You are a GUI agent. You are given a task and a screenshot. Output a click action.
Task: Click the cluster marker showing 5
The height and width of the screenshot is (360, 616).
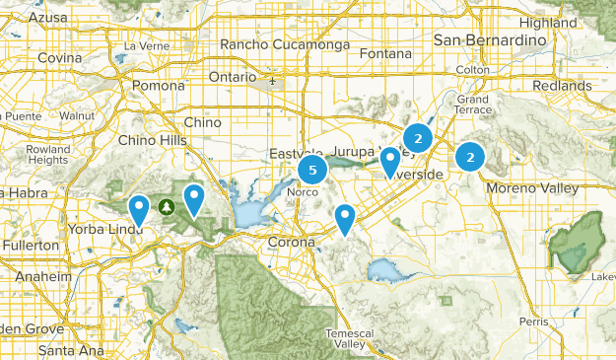pos(312,171)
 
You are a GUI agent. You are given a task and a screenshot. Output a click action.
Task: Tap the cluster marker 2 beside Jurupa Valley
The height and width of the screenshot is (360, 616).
pos(418,139)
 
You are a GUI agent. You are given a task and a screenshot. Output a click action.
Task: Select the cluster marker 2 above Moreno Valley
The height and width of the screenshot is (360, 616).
pos(471,156)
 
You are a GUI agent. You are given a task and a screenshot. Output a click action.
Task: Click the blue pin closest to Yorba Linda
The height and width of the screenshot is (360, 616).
pos(140,208)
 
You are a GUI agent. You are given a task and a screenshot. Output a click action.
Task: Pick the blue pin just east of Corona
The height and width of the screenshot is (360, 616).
pos(344,217)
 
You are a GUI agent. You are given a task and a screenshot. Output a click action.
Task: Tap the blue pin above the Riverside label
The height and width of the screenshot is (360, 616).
pos(390,160)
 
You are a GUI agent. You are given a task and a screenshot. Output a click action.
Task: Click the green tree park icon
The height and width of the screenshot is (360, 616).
pos(167,206)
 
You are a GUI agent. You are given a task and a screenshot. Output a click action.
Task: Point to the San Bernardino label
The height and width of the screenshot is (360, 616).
pos(490,39)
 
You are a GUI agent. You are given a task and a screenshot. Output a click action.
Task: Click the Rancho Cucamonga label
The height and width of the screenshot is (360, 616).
pos(279,44)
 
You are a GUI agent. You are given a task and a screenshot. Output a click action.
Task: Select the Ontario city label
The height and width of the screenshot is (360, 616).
pos(233,77)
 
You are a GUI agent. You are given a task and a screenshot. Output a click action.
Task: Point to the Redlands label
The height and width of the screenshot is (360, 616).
pos(565,86)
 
